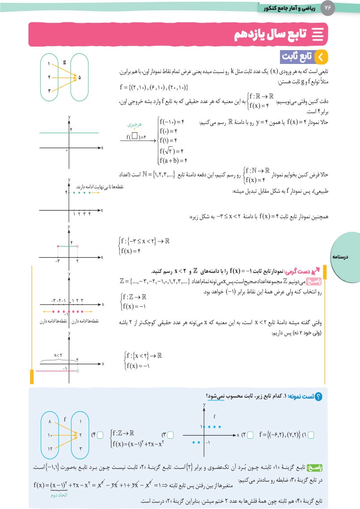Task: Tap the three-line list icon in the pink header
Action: coord(318,34)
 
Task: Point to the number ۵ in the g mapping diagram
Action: coord(80,77)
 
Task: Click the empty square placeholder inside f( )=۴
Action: coord(134,137)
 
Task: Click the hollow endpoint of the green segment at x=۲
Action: coord(77,246)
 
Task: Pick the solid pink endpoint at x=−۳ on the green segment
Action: coord(58,246)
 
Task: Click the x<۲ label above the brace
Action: coord(58,356)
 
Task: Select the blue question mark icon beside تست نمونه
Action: coord(319,396)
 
